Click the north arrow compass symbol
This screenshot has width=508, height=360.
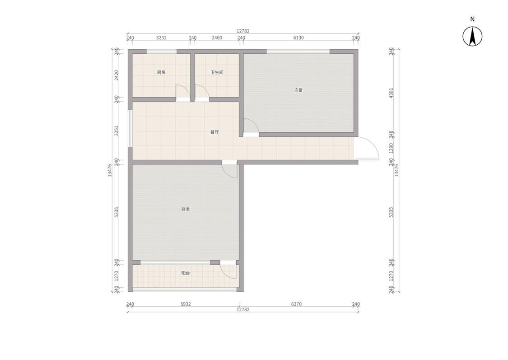click(472, 37)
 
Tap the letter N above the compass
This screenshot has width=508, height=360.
click(472, 19)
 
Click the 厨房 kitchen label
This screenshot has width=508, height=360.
click(161, 72)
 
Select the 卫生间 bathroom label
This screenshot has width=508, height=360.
click(217, 72)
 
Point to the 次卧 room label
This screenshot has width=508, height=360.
click(298, 90)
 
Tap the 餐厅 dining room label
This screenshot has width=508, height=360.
click(214, 132)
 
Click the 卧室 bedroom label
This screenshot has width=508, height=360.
click(186, 210)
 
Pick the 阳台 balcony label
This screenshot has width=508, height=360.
click(186, 273)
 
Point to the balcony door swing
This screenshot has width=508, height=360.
click(229, 271)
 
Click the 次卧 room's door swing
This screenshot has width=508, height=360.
click(250, 126)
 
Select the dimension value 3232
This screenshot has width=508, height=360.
click(161, 38)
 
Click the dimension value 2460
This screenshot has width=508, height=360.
click(217, 38)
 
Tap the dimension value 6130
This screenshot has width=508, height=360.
click(298, 38)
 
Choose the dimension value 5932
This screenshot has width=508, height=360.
click(186, 304)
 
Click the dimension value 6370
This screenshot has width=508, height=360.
click(296, 304)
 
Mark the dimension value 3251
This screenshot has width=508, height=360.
click(116, 131)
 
